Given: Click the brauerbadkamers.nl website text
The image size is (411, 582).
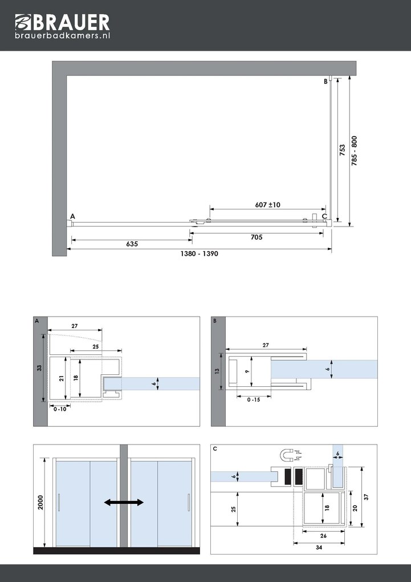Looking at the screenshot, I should click(62, 35).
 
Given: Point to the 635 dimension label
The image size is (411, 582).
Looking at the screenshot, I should click(132, 244).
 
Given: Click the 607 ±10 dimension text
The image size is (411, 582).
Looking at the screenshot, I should click(267, 205).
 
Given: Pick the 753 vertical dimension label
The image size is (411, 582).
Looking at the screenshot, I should click(342, 149).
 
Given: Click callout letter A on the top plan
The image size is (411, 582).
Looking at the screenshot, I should click(72, 216).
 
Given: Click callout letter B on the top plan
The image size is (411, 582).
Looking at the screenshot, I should click(325, 82).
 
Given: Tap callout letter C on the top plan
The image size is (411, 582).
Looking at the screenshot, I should click(324, 216).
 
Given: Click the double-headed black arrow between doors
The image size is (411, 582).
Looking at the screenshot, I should click(124, 502).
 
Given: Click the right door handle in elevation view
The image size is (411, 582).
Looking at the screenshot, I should click(188, 503).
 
